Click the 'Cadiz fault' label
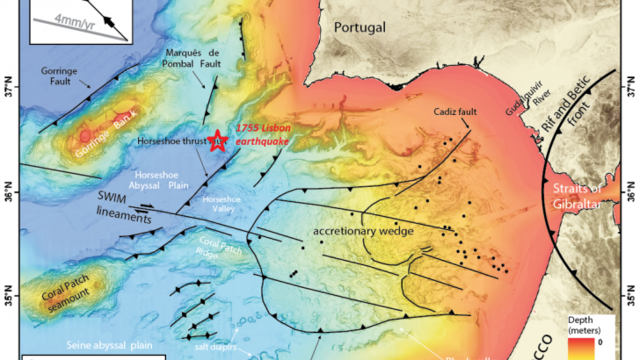(x=458, y=115)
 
